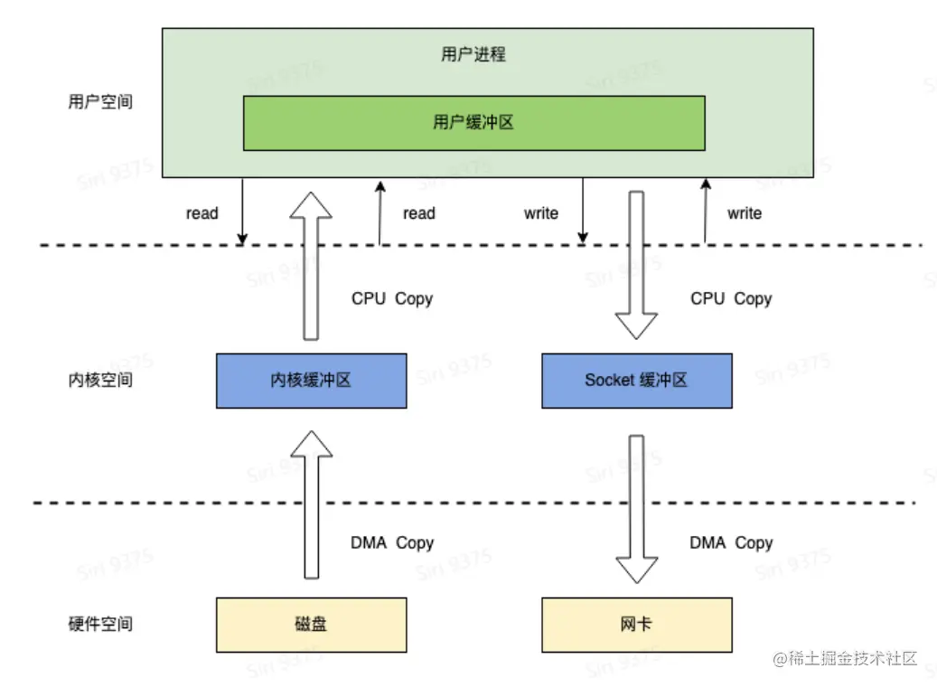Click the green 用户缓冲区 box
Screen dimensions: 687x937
[x=473, y=123]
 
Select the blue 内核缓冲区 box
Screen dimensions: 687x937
[x=311, y=380]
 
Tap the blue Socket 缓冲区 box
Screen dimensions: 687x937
[x=636, y=380]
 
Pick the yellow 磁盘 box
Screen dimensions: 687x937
[x=311, y=624]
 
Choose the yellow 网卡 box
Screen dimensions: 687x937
[x=636, y=624]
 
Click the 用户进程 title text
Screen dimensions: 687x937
[x=473, y=54]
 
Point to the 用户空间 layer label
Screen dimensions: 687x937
[x=100, y=101]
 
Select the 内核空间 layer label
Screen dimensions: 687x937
[x=100, y=380]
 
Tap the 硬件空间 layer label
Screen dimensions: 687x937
[x=100, y=624]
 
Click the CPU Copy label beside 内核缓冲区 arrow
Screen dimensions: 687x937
[x=392, y=298]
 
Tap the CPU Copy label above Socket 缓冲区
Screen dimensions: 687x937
[x=731, y=298]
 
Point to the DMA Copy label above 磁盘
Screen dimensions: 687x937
[x=392, y=543]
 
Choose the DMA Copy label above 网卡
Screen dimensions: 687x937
[x=731, y=543]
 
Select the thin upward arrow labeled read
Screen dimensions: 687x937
[x=380, y=212]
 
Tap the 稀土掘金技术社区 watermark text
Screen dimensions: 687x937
[x=845, y=658]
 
